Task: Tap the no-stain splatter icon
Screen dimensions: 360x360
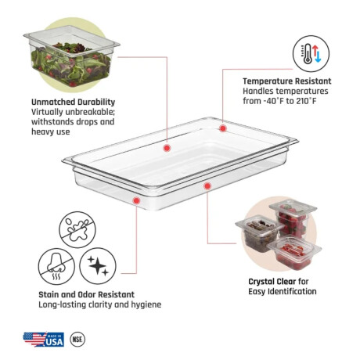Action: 77,230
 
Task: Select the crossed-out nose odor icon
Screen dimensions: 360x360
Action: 56,266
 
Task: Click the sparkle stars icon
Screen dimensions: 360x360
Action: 98,266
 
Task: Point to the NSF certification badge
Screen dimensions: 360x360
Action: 77,340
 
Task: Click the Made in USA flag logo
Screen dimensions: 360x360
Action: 44,340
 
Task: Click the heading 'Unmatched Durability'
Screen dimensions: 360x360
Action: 74,102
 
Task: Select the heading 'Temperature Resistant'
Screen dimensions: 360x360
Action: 287,81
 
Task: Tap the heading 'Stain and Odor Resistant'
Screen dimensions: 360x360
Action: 87,294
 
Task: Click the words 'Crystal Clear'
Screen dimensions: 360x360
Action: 272,282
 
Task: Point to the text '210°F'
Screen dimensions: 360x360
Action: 306,101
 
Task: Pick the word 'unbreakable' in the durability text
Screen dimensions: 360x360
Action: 90,112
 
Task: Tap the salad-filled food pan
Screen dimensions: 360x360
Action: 71,56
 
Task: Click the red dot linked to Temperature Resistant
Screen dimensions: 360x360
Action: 223,128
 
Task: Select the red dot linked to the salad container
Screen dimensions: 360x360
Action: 167,148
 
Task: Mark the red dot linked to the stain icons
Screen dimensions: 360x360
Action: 136,200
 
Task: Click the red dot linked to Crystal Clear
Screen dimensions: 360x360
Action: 207,186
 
